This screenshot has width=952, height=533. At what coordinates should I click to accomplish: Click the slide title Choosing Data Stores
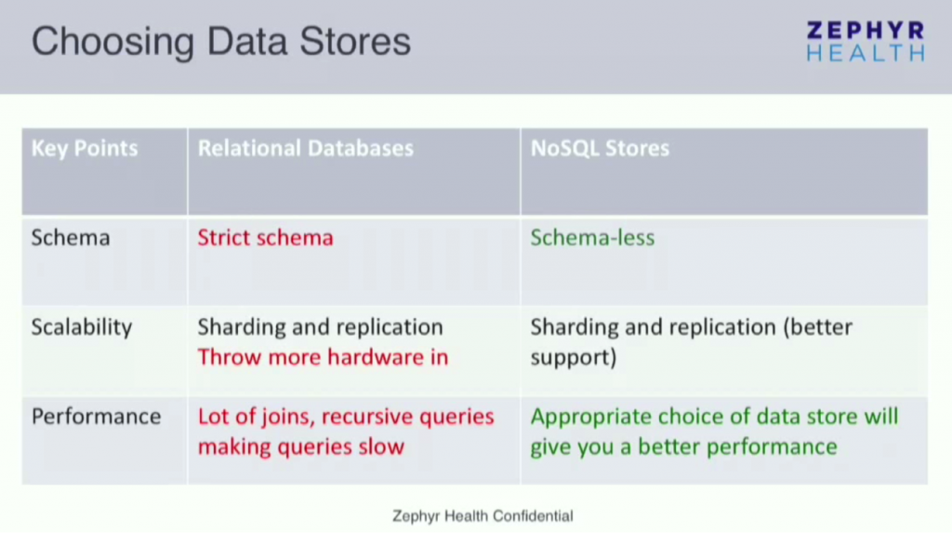[221, 43]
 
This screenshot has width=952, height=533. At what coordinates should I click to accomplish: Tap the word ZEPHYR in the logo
[865, 31]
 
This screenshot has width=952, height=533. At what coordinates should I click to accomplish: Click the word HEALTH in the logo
[865, 53]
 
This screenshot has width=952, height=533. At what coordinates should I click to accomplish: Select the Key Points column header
[85, 149]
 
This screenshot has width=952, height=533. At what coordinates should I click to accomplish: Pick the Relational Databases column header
[305, 149]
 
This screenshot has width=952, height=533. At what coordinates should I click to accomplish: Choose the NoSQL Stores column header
[600, 149]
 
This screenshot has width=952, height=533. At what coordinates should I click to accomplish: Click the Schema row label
[71, 238]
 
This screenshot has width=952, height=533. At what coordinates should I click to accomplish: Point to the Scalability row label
[82, 327]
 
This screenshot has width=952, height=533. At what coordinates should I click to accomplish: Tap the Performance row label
[96, 417]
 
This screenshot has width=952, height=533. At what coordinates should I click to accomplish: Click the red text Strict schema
[265, 238]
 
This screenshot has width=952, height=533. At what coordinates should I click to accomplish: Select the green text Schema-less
[592, 238]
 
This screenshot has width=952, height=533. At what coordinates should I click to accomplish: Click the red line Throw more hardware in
[323, 357]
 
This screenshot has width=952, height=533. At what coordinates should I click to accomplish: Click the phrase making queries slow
[300, 446]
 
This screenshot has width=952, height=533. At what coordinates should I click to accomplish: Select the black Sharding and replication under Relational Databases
[320, 327]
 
